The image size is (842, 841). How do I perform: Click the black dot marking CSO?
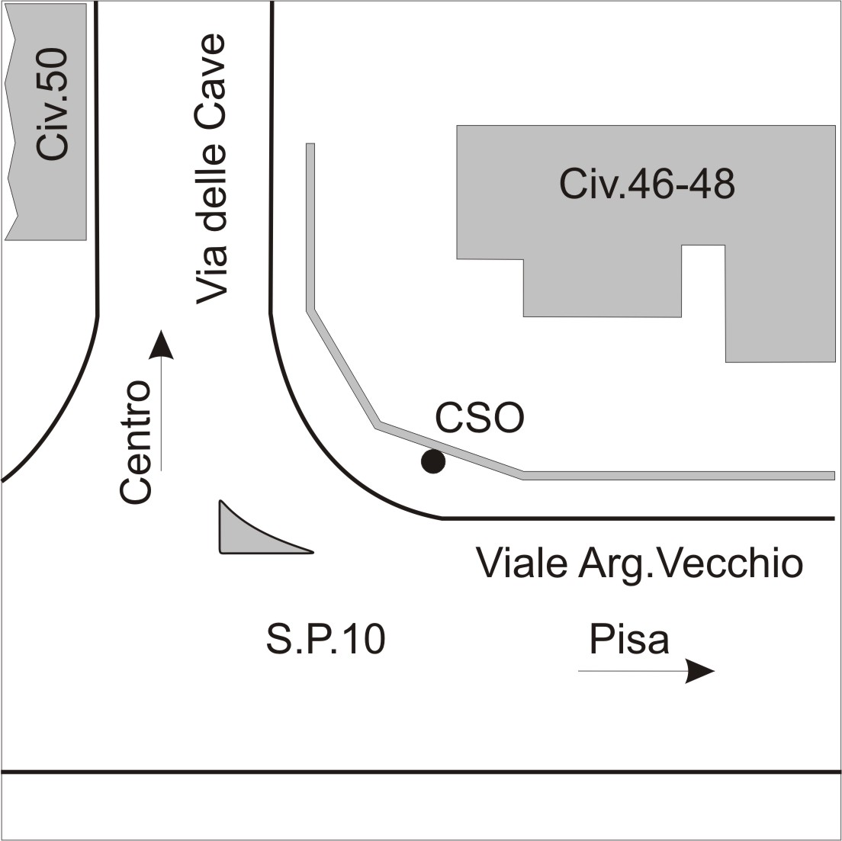(x=432, y=461)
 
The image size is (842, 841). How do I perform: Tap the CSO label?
(x=479, y=419)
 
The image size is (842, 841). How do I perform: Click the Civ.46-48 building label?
(x=647, y=184)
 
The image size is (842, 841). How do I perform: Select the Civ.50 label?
(x=53, y=104)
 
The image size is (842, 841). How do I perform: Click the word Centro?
(x=135, y=442)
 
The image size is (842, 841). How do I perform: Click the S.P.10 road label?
(x=326, y=639)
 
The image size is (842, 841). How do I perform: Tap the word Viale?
(x=522, y=563)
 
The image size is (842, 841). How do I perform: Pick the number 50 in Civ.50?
(x=53, y=66)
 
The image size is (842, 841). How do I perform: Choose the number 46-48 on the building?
(x=681, y=184)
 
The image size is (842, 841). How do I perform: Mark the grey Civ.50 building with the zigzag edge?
(x=46, y=122)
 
